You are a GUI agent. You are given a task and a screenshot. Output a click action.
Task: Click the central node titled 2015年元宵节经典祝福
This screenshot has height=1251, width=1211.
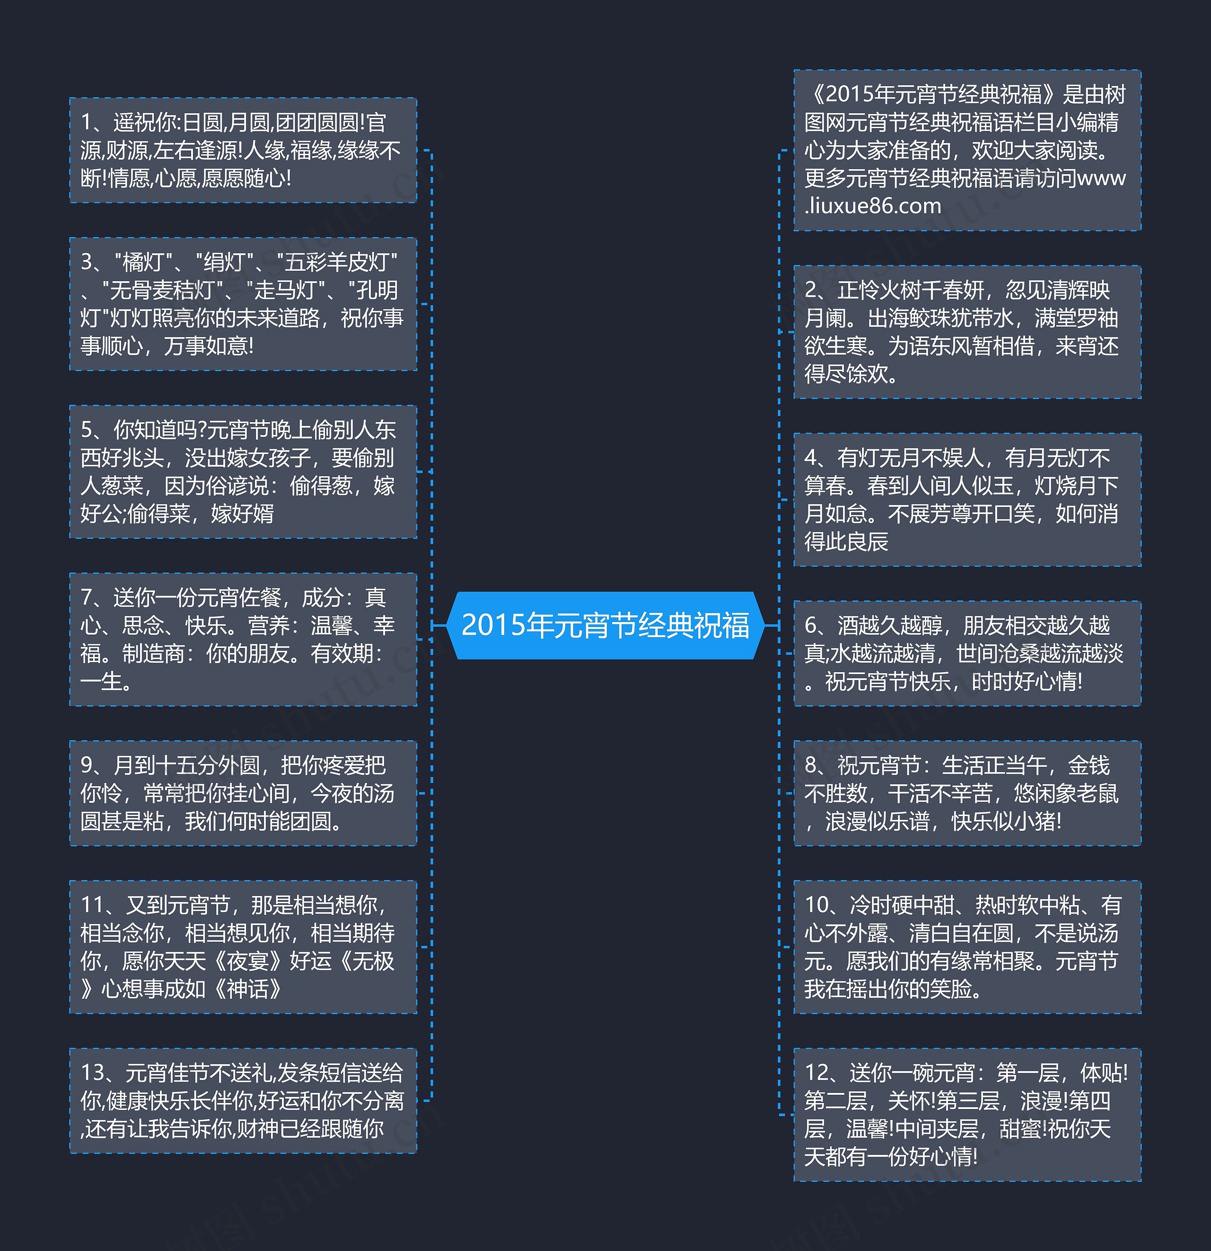click(x=605, y=625)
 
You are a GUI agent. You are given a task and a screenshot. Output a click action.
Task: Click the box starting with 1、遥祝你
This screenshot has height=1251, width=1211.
click(x=243, y=150)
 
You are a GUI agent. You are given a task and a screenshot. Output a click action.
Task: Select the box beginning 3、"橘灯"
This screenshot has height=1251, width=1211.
click(x=243, y=304)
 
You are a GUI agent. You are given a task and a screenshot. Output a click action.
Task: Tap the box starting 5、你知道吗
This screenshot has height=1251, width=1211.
click(x=243, y=472)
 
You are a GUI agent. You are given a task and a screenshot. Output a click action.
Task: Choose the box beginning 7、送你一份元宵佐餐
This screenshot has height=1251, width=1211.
click(x=243, y=639)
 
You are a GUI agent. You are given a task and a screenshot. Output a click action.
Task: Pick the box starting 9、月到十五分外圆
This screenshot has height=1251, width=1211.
click(x=243, y=793)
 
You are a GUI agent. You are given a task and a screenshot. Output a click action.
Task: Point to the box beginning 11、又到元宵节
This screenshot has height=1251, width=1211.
click(x=243, y=947)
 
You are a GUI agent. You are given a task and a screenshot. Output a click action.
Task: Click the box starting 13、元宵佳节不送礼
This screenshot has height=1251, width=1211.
click(x=243, y=1100)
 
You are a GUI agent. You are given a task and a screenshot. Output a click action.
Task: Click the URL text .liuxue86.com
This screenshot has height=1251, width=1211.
click(x=873, y=205)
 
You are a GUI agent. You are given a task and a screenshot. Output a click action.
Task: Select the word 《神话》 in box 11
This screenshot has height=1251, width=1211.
click(x=247, y=989)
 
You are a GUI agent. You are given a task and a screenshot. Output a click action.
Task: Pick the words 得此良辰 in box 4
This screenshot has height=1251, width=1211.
click(x=846, y=541)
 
